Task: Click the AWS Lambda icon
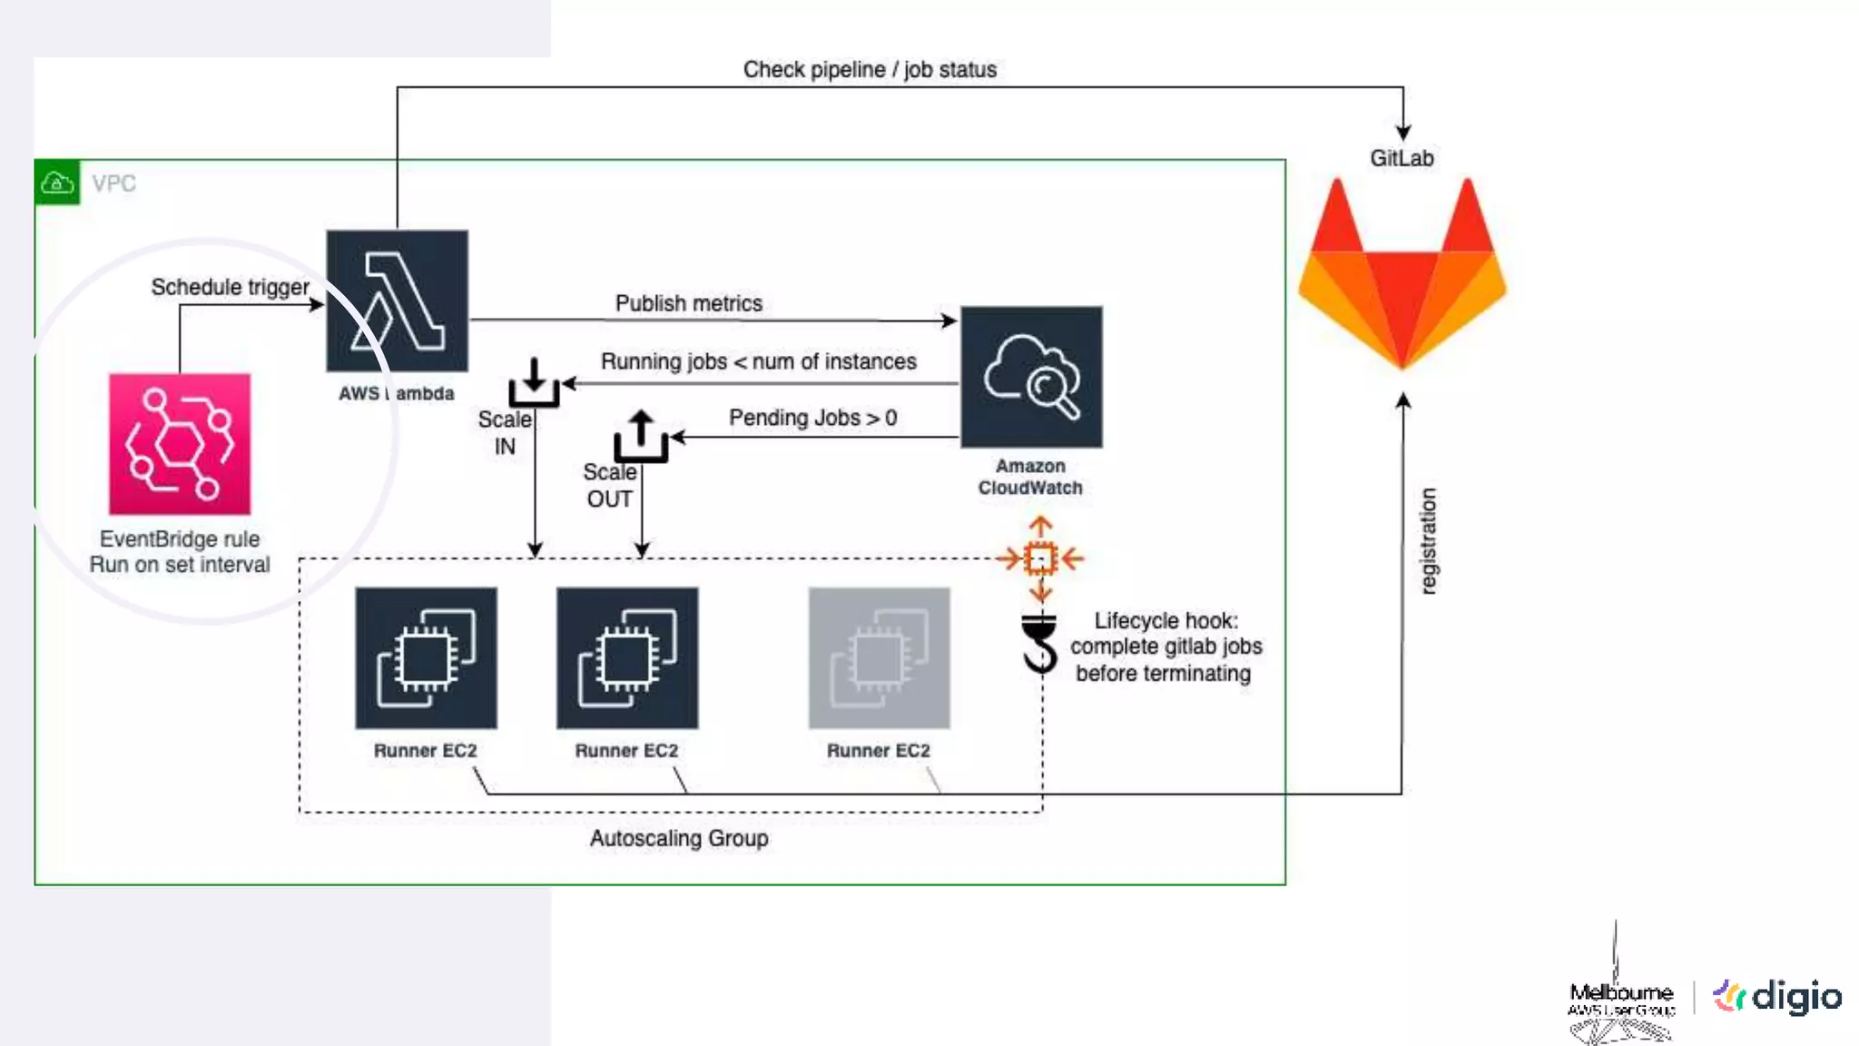coord(397,301)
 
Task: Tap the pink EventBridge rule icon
coord(180,444)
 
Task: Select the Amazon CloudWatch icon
coord(1031,377)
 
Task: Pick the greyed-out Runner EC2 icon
coord(879,657)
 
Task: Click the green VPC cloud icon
coord(57,183)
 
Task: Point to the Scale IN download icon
coord(534,382)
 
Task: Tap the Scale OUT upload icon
coord(641,436)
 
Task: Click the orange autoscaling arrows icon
coord(1040,558)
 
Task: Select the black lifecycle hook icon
coord(1040,643)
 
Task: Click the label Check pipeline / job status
coord(870,70)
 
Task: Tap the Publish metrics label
coord(688,303)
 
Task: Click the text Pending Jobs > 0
coord(812,418)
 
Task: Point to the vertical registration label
coord(1428,541)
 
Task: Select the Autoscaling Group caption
coord(679,838)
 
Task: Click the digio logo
coord(1777,997)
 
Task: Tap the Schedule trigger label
coord(230,287)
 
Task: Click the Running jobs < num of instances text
coord(758,361)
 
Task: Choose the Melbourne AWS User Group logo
coord(1621,999)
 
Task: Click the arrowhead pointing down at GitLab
coord(1403,133)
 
